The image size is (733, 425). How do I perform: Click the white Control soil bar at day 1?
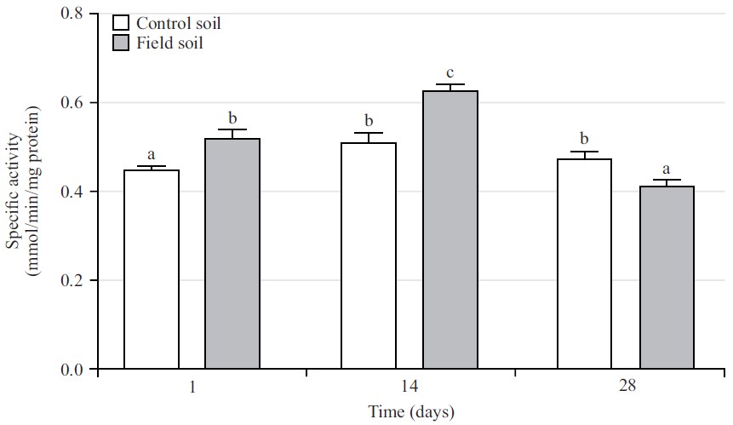click(x=152, y=270)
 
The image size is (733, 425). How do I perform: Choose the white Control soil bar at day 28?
click(x=585, y=264)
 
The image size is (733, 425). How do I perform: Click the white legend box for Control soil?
click(x=121, y=24)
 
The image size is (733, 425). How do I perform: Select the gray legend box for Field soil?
click(x=121, y=42)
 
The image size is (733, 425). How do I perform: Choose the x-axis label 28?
click(x=627, y=387)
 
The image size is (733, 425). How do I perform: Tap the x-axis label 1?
click(x=193, y=387)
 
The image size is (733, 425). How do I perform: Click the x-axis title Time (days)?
click(x=411, y=412)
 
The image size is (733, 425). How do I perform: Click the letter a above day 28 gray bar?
click(x=667, y=169)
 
